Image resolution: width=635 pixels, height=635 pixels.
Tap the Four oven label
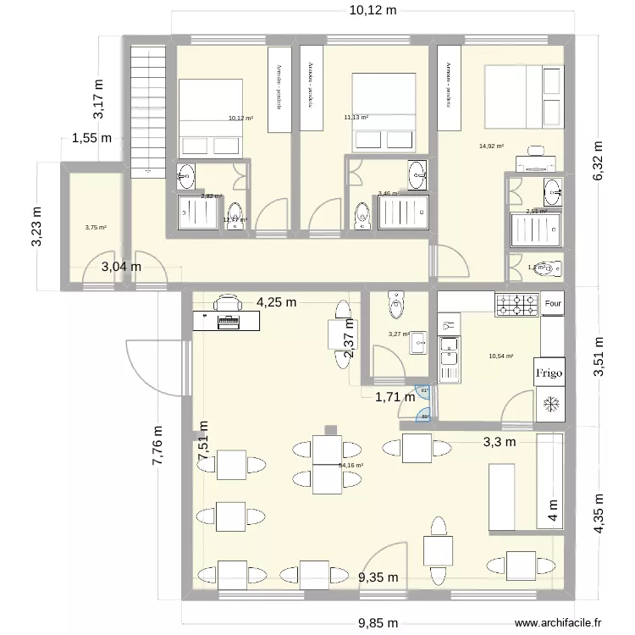pyautogui.click(x=553, y=303)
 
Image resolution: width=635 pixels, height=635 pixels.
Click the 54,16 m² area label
pyautogui.click(x=351, y=465)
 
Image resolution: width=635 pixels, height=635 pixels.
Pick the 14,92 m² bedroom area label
pyautogui.click(x=491, y=146)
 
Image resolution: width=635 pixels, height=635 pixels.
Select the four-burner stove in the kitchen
pyautogui.click(x=516, y=304)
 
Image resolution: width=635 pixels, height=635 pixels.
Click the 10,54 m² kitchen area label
pyautogui.click(x=501, y=356)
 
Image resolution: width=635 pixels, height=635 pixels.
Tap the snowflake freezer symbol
pyautogui.click(x=550, y=405)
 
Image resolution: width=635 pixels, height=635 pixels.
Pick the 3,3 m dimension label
pyautogui.click(x=500, y=441)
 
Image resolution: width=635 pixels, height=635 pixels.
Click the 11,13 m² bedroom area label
pyautogui.click(x=356, y=118)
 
